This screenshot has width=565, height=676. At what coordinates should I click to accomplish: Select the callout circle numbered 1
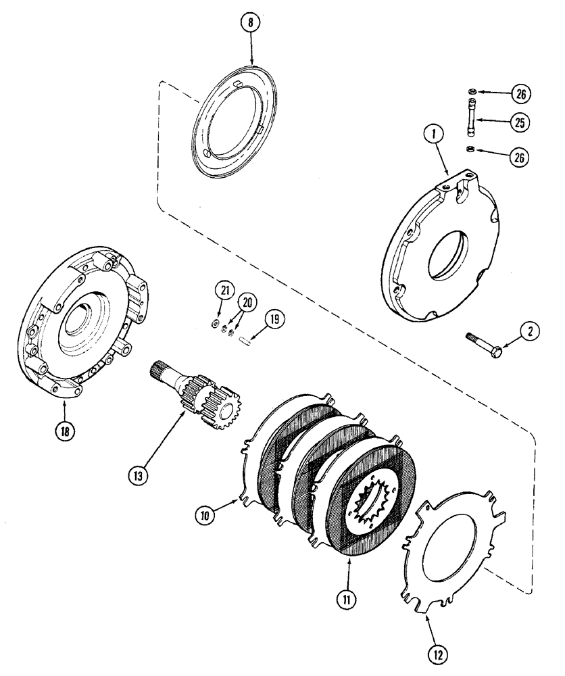[x=433, y=135]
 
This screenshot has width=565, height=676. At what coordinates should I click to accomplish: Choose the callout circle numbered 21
[x=224, y=291]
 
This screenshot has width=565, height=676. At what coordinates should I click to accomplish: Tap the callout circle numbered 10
[x=206, y=515]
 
